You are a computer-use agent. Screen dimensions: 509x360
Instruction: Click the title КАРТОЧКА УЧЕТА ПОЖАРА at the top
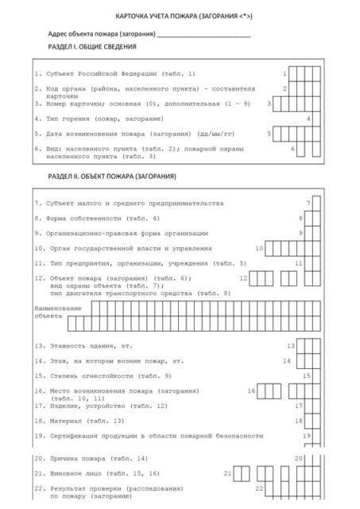pyautogui.click(x=178, y=15)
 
